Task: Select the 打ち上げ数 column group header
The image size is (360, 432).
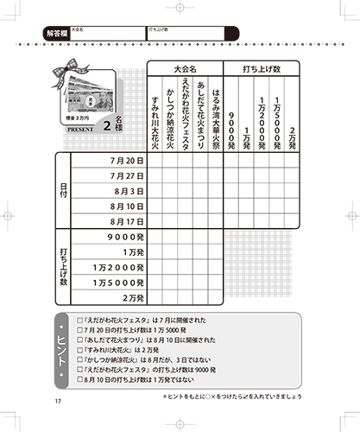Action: (x=262, y=68)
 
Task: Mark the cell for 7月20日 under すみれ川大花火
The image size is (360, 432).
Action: (x=154, y=161)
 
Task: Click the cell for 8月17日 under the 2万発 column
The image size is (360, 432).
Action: (x=292, y=222)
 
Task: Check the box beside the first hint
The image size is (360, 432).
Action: (x=79, y=321)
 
